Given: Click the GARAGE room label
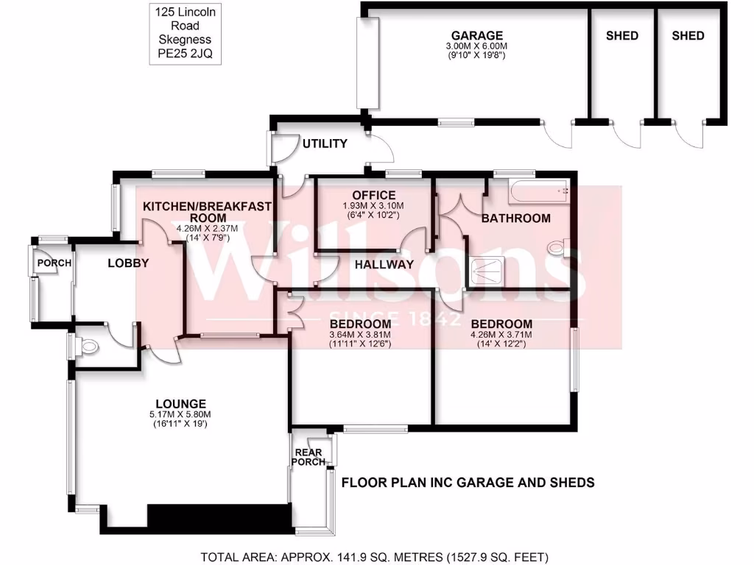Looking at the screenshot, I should coord(477,35).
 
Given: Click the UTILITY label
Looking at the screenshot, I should coord(325,143).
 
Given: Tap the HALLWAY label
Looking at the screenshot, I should coord(384,264).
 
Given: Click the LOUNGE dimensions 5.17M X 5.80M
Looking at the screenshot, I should coord(180,413).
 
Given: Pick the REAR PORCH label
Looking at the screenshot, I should coord(309,457).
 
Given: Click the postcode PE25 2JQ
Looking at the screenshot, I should coord(180,53).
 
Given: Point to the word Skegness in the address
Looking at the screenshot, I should coord(180,39).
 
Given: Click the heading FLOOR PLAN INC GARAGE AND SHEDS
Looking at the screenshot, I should coord(468,483).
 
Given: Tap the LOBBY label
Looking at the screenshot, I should coord(128,263).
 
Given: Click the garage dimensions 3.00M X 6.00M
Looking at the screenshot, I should coord(477,46).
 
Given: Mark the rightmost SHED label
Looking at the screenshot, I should coord(688,35).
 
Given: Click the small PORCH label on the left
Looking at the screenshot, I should coord(55,263).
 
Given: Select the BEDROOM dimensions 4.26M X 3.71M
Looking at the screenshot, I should coord(501,335).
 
